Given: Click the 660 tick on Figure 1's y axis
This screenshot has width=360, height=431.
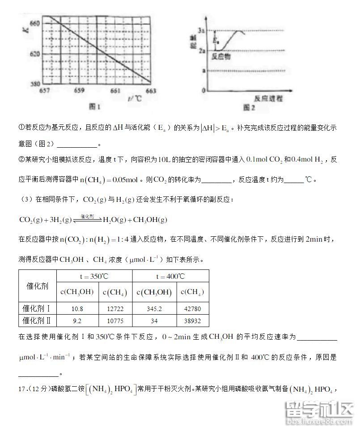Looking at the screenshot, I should [34, 23].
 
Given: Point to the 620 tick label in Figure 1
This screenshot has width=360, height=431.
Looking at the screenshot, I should [34, 53].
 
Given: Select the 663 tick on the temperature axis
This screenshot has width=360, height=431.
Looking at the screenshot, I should [151, 90].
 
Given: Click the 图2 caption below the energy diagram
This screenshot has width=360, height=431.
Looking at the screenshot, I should [249, 107].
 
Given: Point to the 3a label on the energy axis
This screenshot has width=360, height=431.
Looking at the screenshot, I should [202, 30].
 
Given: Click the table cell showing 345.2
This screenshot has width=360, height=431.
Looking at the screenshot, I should [153, 308].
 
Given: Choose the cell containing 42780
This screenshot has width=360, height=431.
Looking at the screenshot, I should [192, 308].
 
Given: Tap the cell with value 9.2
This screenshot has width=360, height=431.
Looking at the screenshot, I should [77, 320].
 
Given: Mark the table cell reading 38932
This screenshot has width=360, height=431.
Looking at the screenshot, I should [192, 320].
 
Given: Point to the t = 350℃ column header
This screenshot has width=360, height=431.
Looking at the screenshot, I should [96, 276].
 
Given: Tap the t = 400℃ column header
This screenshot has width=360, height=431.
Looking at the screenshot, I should [170, 276].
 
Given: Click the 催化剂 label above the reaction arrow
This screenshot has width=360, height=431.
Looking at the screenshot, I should [87, 216].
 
